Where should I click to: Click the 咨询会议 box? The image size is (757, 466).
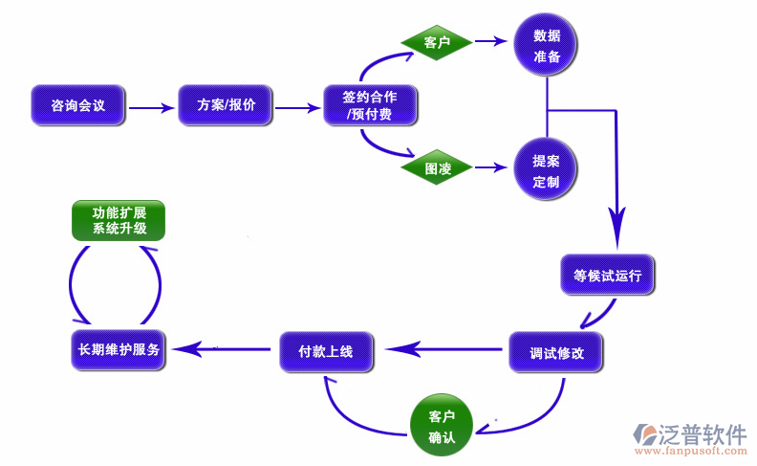coord(78,105)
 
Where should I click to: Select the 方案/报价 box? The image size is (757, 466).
coord(226,105)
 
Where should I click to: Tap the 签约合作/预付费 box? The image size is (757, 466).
coord(370,105)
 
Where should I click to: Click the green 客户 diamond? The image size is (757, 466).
coord(437,42)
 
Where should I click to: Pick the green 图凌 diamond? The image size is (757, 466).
coord(437,168)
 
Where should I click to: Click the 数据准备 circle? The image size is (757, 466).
coord(547,46)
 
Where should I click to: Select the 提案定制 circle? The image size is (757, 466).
coord(547,170)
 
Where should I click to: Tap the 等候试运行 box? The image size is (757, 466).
coord(607,276)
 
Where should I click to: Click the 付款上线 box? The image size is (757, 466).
coord(327,352)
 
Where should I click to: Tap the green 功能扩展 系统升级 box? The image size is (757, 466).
coord(119,221)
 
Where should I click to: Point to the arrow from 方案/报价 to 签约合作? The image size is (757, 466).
coord(297,108)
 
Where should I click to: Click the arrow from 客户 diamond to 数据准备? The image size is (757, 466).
coord(489,42)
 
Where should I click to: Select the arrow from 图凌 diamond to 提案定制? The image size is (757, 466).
coord(489,168)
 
